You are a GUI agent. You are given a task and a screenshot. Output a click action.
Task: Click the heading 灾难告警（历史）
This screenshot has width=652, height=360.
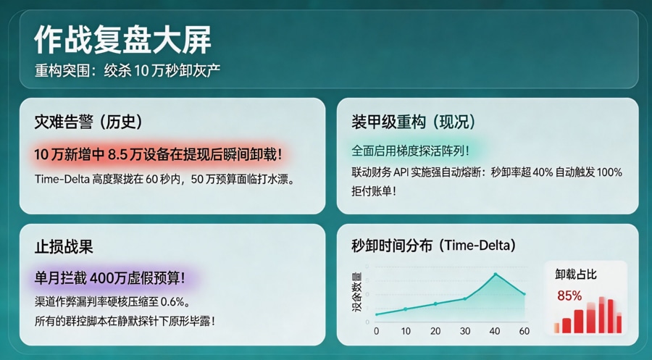point(88,122)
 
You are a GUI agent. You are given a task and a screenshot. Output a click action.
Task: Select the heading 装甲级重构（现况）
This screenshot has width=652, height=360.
point(414,122)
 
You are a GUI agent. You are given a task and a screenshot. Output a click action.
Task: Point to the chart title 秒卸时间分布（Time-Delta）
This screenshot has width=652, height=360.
point(433,246)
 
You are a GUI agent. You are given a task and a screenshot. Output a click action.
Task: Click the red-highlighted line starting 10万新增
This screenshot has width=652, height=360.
point(157,154)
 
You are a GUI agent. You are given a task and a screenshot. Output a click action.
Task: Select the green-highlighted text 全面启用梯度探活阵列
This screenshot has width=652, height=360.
point(410,151)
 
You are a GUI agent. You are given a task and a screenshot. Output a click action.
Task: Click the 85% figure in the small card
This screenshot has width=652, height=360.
point(569,296)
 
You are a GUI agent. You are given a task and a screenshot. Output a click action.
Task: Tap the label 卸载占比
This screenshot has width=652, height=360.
point(577,275)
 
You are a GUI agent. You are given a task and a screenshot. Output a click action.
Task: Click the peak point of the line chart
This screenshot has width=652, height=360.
point(496,274)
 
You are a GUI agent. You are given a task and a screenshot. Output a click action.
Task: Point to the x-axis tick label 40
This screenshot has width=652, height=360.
point(495,331)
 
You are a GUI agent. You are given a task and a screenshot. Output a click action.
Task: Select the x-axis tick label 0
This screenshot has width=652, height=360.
point(376,331)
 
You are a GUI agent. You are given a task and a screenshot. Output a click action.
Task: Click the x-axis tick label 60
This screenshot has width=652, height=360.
point(524,331)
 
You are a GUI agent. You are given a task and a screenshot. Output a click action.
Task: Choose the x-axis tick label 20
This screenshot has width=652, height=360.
point(435,331)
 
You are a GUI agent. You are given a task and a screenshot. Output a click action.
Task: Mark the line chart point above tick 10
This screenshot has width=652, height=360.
point(406,309)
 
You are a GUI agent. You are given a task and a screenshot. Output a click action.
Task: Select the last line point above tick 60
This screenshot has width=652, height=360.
point(524,293)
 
